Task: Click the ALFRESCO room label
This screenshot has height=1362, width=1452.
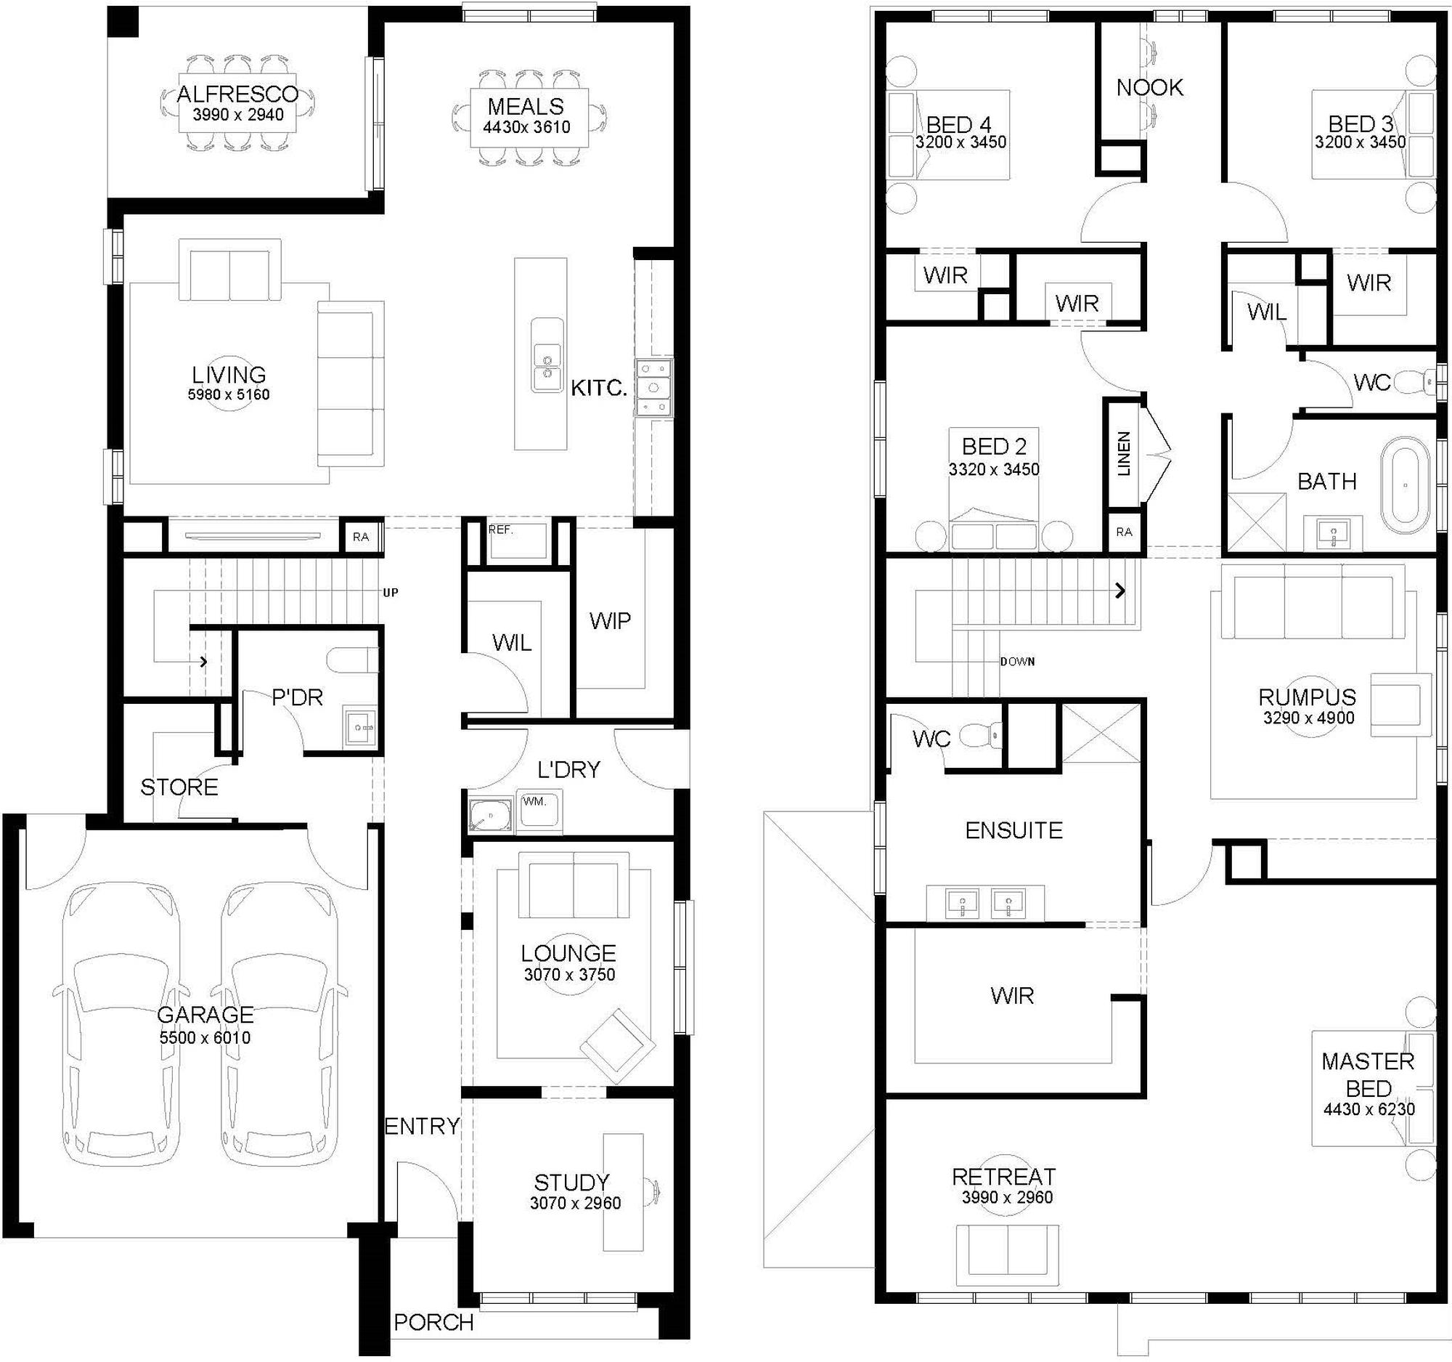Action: click(x=238, y=94)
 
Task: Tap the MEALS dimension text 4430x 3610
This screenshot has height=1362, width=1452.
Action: click(x=526, y=126)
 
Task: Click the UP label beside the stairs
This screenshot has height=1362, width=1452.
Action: click(x=391, y=593)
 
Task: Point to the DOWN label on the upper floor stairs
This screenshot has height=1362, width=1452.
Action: click(x=1017, y=661)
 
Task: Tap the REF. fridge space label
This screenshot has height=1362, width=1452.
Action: click(x=500, y=530)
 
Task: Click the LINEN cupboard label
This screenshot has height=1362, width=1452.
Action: click(x=1124, y=453)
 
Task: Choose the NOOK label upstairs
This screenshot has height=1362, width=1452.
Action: click(x=1150, y=88)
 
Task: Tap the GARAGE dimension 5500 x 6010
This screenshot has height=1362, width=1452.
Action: click(x=205, y=1037)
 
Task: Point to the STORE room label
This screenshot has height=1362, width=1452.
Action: click(x=179, y=787)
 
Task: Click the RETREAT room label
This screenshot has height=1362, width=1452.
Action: click(x=1003, y=1177)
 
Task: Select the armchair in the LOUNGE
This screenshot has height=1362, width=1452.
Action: click(x=618, y=1045)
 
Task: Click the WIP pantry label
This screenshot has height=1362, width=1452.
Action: click(x=610, y=621)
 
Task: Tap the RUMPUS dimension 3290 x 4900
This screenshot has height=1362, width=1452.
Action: click(x=1308, y=718)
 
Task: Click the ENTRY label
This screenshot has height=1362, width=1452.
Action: click(x=422, y=1126)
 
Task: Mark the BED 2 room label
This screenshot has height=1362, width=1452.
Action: click(x=994, y=446)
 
